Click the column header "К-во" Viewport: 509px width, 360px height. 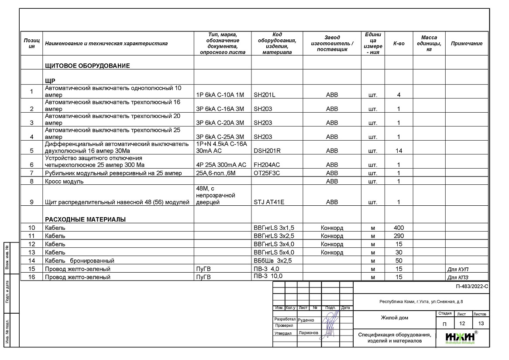click(x=399, y=43)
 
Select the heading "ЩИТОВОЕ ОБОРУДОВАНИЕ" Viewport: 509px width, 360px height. click(x=88, y=66)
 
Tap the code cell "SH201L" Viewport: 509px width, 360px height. click(x=265, y=95)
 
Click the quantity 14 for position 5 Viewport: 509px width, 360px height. click(x=399, y=151)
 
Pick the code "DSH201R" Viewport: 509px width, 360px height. click(x=267, y=151)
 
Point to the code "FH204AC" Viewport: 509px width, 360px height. click(x=267, y=165)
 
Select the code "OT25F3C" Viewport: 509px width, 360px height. click(x=267, y=173)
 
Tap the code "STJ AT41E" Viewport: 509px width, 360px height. click(x=268, y=202)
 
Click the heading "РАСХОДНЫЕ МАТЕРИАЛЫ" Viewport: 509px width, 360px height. click(x=85, y=219)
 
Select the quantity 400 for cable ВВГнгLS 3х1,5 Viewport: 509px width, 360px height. click(x=399, y=228)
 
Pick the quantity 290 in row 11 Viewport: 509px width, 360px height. click(x=399, y=236)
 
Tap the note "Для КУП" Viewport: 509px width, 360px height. click(x=461, y=269)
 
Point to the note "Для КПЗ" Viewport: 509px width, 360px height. click(x=461, y=277)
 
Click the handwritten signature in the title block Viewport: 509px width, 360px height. click(x=331, y=322)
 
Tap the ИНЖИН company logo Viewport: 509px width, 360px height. click(x=461, y=338)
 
